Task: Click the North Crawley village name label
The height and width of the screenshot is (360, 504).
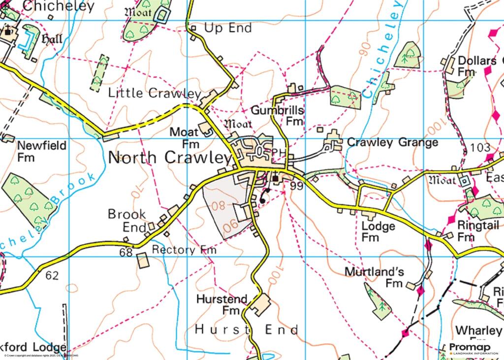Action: point(169,158)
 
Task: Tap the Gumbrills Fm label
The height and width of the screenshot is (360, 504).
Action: point(278,115)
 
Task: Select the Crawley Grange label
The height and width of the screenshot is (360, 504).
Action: point(392,143)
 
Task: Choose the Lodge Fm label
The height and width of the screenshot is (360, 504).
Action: point(378,231)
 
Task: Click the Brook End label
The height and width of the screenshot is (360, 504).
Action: point(127,220)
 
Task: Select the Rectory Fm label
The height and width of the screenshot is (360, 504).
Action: point(184,250)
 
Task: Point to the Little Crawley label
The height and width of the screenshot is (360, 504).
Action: point(155,93)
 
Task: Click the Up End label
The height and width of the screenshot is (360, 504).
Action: point(228,28)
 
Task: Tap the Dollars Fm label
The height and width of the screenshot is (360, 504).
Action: point(472,66)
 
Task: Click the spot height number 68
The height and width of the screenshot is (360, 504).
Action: point(126,252)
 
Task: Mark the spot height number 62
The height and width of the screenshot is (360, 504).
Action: point(51,275)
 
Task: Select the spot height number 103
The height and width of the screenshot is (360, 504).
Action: point(480,147)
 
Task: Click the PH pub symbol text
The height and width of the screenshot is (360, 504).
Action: point(278,153)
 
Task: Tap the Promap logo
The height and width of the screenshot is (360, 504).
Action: point(473,348)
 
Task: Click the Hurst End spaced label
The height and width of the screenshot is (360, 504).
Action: point(247,329)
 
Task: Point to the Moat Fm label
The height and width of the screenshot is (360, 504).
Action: point(185,138)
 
